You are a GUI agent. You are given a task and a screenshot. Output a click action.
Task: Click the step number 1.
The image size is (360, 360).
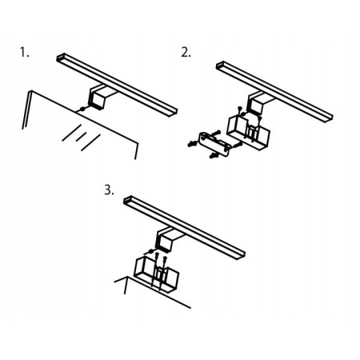24,52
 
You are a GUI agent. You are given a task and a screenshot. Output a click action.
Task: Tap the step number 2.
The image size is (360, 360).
186,52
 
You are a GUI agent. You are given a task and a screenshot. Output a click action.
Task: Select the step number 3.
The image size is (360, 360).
109,190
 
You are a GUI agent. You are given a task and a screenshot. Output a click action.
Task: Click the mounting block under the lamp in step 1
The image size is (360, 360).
96,99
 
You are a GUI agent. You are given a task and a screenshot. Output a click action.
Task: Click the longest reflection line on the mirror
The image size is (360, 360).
90,142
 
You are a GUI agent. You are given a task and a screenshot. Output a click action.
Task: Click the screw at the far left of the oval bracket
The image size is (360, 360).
191,144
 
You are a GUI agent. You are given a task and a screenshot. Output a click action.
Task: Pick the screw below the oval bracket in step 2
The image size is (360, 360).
214,155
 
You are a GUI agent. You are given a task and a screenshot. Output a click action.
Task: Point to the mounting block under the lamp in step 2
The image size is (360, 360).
255,105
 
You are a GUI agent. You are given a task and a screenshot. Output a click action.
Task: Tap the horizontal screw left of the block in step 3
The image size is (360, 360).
149,252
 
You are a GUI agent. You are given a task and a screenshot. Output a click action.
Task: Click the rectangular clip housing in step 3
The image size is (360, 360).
157,274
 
